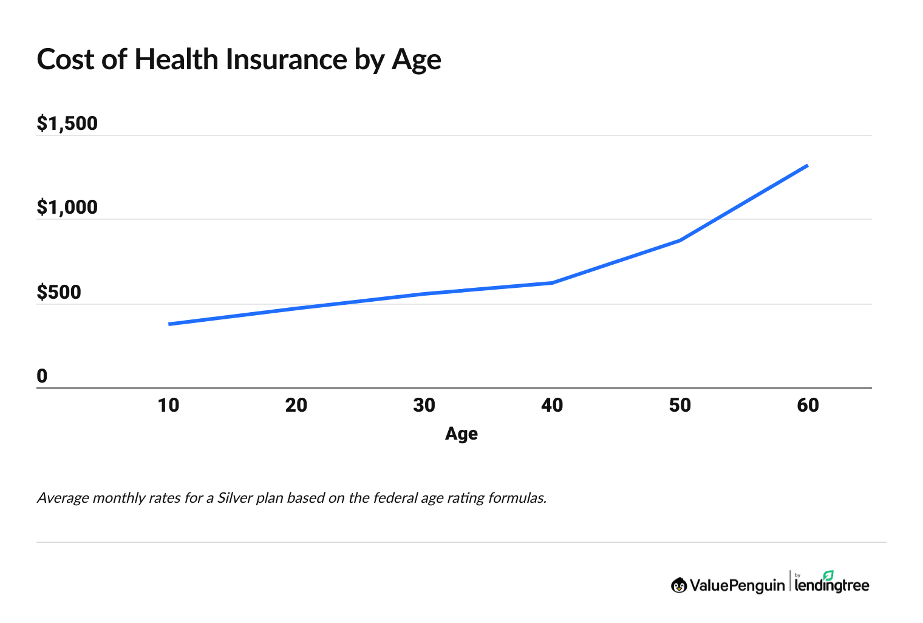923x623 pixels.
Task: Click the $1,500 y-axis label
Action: coord(67,123)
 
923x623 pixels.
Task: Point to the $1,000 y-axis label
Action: coord(67,207)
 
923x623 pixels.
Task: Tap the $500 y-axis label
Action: coord(58,292)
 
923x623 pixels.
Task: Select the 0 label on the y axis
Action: coord(42,376)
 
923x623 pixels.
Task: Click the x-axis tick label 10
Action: coord(168,405)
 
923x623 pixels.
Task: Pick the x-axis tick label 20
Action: coord(296,405)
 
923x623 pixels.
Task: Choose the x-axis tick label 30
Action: coord(424,405)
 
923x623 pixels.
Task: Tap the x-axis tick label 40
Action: coord(552,405)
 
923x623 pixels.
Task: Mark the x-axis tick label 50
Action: coord(680,405)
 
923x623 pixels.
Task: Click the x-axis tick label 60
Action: coord(808,405)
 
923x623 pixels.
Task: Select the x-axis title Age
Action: coord(461,434)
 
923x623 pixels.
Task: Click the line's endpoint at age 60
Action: coord(807,165)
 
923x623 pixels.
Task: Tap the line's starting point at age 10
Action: coord(169,324)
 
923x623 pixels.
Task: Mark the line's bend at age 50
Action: coord(680,240)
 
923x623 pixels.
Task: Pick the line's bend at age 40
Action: coord(552,283)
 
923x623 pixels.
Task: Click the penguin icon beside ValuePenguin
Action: coord(679,585)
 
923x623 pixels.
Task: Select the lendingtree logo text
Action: coord(832,584)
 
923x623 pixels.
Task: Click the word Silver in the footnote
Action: coord(234,498)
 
